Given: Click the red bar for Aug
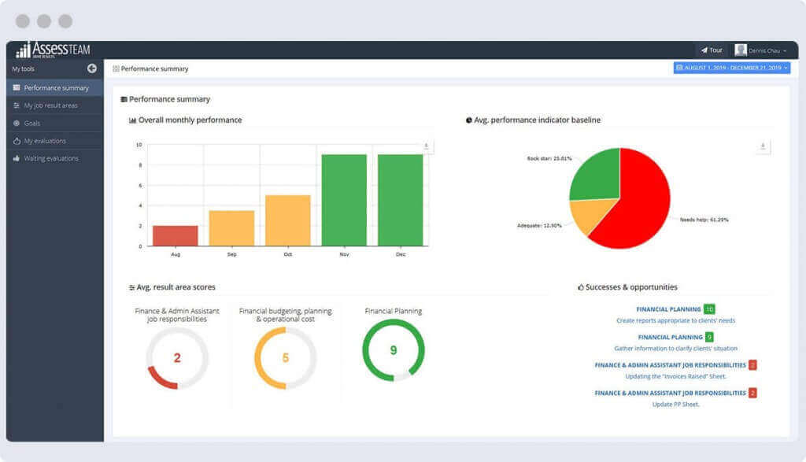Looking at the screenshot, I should tap(175, 235).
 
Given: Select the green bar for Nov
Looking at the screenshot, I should tap(344, 200).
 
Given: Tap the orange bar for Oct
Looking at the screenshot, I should tap(287, 220).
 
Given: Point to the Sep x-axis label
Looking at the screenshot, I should tap(231, 254).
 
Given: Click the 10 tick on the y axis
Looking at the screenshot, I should tap(139, 145).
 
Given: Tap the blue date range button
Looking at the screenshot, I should tap(731, 68).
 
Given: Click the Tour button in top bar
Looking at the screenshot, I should tap(711, 50).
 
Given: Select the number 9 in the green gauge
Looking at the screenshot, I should tap(393, 350).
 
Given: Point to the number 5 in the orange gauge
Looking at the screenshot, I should tap(285, 358).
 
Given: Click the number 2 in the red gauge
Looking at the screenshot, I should tap(177, 358).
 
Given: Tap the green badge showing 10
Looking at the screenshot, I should tap(709, 309).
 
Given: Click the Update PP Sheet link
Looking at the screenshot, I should tap(675, 405).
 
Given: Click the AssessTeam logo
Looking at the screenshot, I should tap(53, 50).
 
